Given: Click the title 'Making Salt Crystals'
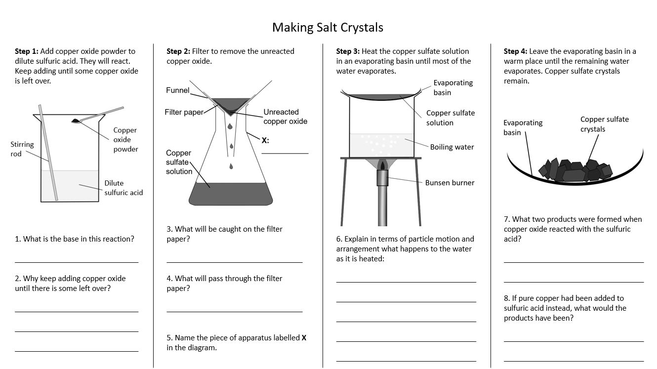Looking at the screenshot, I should pos(328,27).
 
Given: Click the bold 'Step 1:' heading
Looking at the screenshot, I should pos(27,51).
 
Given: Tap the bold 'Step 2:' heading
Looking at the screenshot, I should pos(178,51).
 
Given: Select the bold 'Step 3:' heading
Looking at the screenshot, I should pos(348,51).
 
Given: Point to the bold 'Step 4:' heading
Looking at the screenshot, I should pos(515,51).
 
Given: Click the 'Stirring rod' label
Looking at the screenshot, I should pos(22,149).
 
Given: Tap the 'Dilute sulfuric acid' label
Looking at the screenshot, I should pos(123,188).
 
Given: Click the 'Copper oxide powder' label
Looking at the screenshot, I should pos(125,140).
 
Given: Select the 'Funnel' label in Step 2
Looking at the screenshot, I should pos(178,90).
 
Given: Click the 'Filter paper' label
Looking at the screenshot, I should pos(184,112).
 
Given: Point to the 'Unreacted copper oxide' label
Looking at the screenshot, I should pos(285,117).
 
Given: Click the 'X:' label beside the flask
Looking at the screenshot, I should pos(265,140).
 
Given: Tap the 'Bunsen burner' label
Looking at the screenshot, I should pos(450,183).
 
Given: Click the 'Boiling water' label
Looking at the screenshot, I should pos(452,147).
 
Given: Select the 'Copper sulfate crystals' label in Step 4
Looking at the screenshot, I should pos(604,124).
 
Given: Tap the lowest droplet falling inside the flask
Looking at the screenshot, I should pos(231,166).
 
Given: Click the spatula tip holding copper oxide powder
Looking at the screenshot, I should pos(76,121).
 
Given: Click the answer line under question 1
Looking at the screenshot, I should pos(77,262).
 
